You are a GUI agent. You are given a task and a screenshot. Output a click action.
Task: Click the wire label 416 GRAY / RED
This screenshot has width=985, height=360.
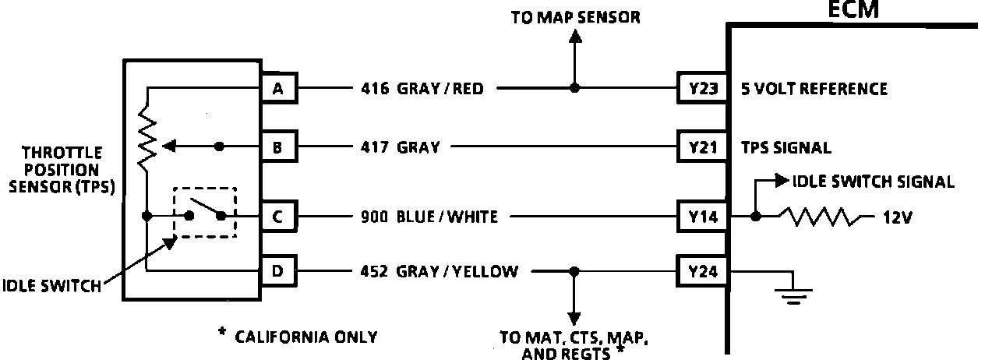(422, 89)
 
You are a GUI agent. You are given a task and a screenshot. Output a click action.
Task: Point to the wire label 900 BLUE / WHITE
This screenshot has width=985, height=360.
(429, 217)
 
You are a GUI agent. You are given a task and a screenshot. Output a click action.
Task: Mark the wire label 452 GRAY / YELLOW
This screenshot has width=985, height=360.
(439, 272)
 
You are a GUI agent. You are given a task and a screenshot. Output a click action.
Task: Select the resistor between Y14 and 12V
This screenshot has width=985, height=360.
(823, 217)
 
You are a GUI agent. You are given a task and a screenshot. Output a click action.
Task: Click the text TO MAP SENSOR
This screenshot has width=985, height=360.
(575, 17)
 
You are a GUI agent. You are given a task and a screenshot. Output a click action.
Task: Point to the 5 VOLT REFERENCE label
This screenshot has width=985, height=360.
(814, 89)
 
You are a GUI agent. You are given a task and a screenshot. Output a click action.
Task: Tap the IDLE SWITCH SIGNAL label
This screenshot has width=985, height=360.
(873, 182)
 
